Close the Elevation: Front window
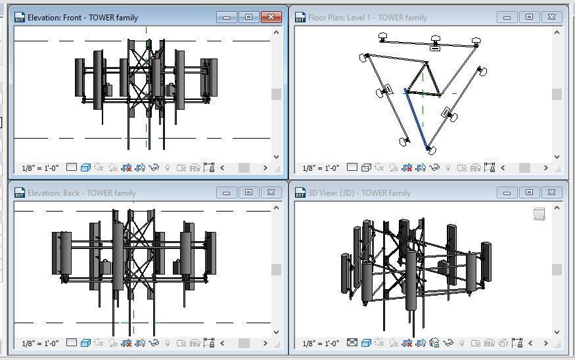pos(271,17)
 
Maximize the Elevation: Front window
pos(248,17)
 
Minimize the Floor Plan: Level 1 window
pos(507,17)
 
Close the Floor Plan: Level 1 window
pos(551,17)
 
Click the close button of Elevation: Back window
pos(271,192)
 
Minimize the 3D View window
pos(507,192)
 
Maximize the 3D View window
pos(529,192)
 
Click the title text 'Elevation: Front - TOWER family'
pos(82,18)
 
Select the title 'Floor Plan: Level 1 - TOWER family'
pos(367,18)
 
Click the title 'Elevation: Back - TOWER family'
pos(81,193)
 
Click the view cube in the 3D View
pos(539,214)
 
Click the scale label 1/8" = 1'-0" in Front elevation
pos(40,168)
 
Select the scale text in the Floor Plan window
pos(321,168)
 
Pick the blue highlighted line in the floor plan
pos(417,122)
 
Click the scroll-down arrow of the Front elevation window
pos(276,156)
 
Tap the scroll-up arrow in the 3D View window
pos(557,208)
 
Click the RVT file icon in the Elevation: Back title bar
pos(19,193)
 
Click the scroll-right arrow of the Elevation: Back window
pos(265,343)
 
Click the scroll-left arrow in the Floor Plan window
pos(503,168)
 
